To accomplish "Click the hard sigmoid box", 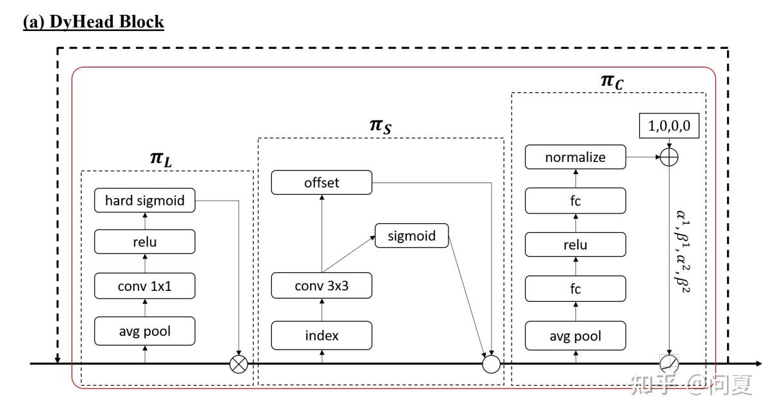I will (x=144, y=201).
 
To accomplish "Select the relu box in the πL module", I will (x=144, y=243).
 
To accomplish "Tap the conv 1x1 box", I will (x=144, y=286).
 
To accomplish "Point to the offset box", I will (x=322, y=183).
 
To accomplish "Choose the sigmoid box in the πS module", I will (x=411, y=236).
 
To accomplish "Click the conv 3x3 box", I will (x=322, y=286).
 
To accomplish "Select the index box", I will (x=322, y=335).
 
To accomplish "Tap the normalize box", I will (x=575, y=157).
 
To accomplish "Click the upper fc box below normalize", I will (x=575, y=201).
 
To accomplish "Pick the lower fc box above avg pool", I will (x=575, y=288).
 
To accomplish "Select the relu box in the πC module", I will (x=575, y=245).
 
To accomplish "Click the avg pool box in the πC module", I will (x=575, y=335).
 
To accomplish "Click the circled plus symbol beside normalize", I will (x=670, y=157).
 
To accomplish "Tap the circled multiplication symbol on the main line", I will (x=239, y=364).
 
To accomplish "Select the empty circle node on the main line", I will (x=492, y=364).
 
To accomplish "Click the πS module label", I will (x=380, y=125).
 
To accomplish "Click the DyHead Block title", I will (x=93, y=22).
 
